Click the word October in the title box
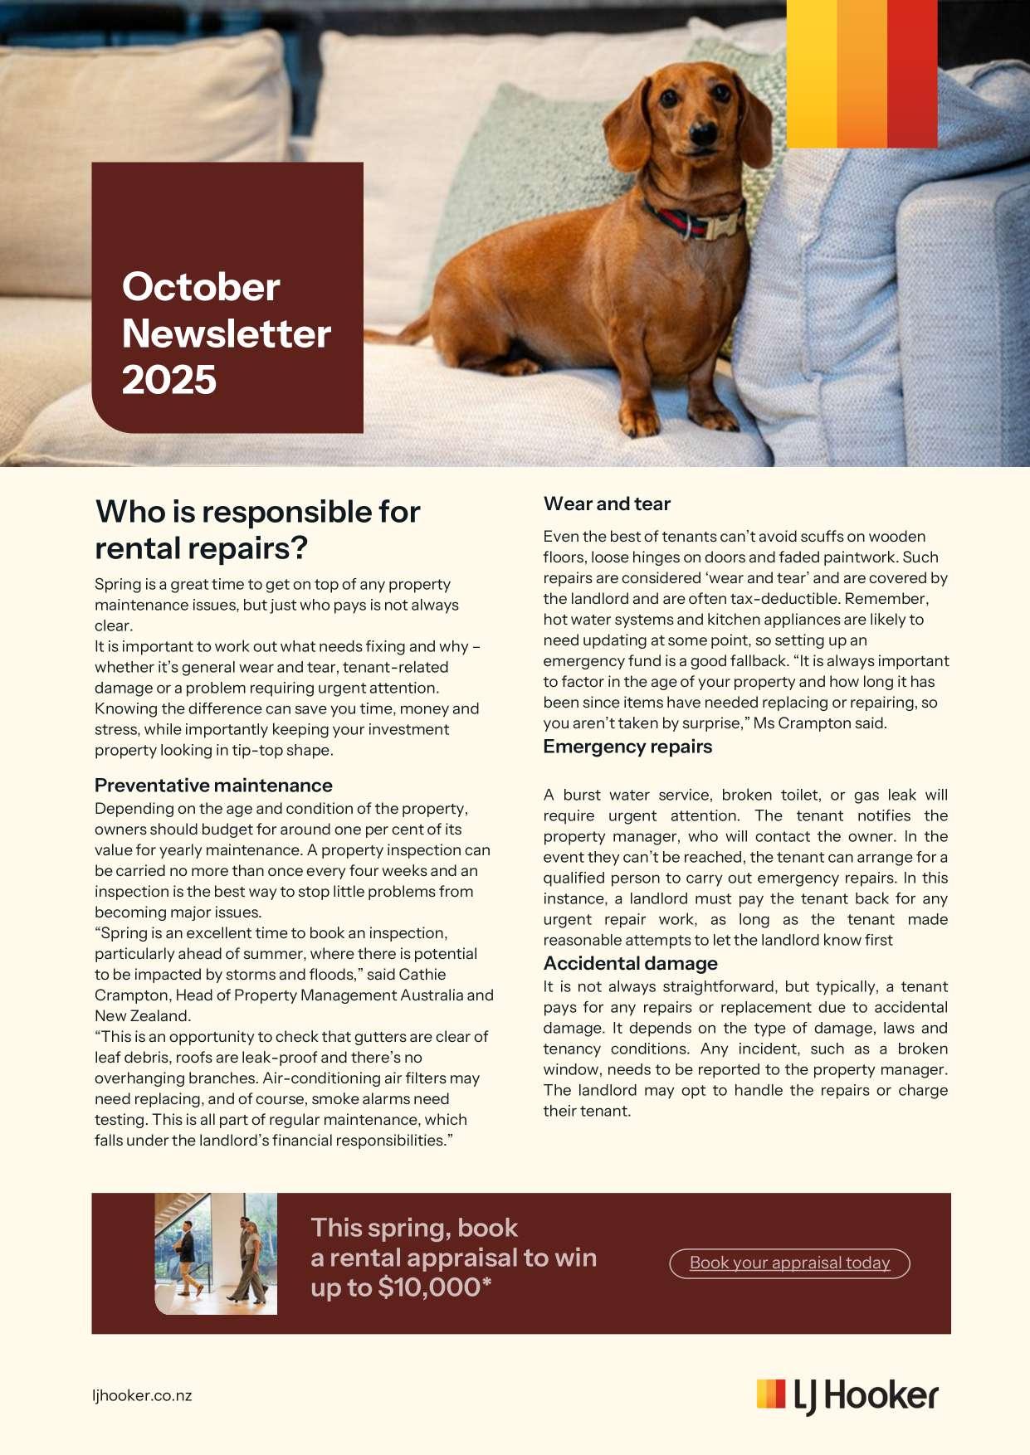201,287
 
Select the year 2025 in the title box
169,380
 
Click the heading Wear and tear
607,504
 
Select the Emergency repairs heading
627,747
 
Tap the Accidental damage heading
630,963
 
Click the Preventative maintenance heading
213,785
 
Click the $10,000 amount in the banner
430,1287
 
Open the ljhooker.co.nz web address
142,1395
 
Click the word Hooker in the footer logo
881,1395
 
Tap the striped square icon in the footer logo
770,1394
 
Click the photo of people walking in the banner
216,1253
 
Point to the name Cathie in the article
422,974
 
